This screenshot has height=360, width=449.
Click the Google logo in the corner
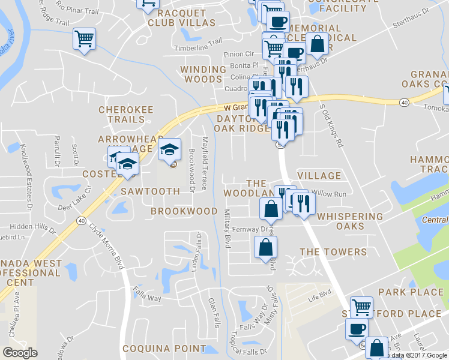coord(20,353)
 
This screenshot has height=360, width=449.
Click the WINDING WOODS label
coord(203,74)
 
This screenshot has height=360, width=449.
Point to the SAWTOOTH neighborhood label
coord(150,191)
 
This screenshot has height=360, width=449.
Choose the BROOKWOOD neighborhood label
coord(184,211)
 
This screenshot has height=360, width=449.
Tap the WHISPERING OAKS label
coord(350,221)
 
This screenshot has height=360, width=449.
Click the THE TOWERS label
coord(333,252)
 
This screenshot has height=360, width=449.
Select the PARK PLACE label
coord(411,292)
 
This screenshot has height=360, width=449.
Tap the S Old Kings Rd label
coord(331,126)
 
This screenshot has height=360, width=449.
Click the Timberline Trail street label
coord(197,48)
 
